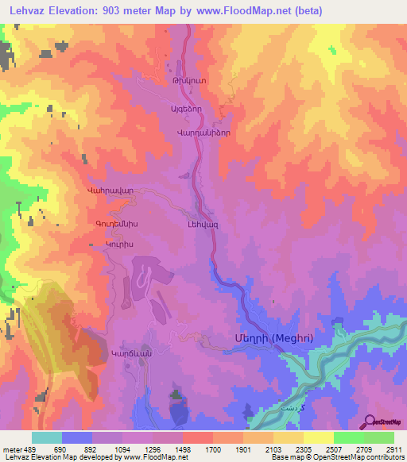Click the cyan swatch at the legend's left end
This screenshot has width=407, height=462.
[46, 437]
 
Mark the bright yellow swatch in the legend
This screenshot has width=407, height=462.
[319, 437]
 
